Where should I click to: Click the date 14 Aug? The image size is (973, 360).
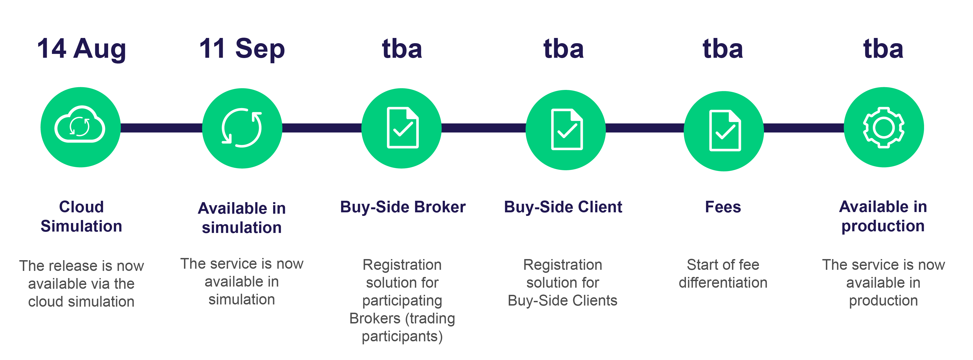[81, 49]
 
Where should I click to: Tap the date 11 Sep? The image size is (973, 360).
[242, 49]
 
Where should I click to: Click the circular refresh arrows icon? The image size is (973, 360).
[242, 128]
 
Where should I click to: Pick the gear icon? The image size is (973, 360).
[883, 127]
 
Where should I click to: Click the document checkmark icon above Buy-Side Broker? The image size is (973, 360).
[402, 128]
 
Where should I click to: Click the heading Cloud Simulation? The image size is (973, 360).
[81, 216]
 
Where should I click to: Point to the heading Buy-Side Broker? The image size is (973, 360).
[403, 207]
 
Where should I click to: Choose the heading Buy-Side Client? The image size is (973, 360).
[563, 207]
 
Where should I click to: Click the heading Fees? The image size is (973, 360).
[723, 207]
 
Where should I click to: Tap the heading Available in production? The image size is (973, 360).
[883, 216]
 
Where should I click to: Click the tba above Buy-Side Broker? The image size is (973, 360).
[402, 49]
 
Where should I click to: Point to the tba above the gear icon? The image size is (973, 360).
[883, 49]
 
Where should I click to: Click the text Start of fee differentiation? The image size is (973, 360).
[723, 273]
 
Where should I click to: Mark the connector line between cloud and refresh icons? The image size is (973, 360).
[161, 128]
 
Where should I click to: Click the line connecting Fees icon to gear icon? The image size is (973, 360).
[803, 128]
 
